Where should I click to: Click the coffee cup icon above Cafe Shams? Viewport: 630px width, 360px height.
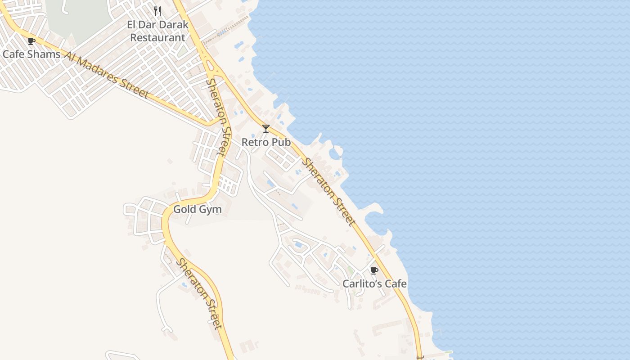(x=31, y=41)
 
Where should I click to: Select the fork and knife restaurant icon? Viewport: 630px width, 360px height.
(x=157, y=11)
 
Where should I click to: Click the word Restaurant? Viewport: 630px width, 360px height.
(x=157, y=38)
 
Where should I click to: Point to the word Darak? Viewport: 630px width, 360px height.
(x=172, y=25)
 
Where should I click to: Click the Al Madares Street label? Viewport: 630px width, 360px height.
(x=107, y=75)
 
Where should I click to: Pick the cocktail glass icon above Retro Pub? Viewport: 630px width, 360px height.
(x=266, y=129)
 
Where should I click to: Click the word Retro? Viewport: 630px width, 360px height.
(x=255, y=142)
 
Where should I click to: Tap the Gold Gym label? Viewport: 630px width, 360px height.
(x=197, y=210)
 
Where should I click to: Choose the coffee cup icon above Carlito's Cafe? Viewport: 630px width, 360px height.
(x=374, y=270)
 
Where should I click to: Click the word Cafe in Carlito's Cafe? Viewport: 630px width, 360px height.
(x=396, y=284)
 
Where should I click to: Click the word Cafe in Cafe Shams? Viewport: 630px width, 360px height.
(x=14, y=54)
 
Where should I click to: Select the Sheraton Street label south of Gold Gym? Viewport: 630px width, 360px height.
(x=199, y=293)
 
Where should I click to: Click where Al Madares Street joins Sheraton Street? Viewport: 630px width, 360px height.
(x=211, y=123)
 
